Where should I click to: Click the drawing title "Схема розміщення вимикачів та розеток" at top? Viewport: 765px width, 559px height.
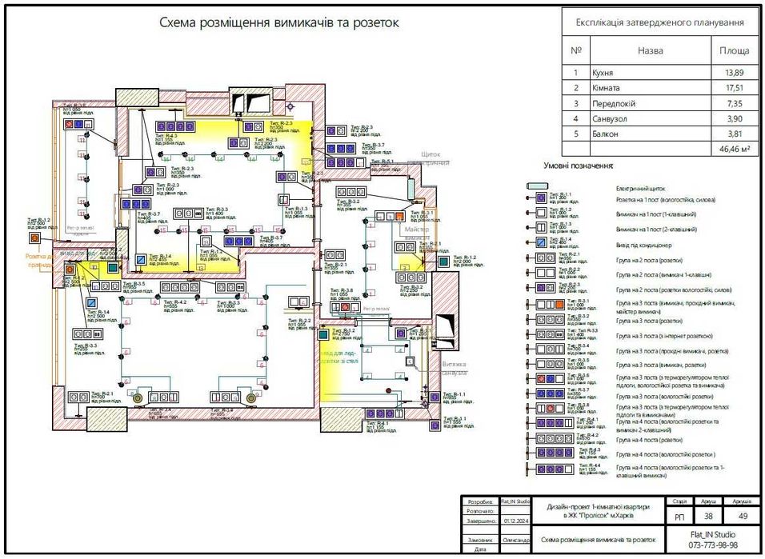pyautogui.click(x=278, y=23)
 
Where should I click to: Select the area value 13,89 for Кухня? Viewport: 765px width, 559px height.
pyautogui.click(x=735, y=73)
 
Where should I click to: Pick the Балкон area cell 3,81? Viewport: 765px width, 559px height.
pyautogui.click(x=735, y=134)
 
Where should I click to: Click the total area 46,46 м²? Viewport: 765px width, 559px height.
pyautogui.click(x=733, y=149)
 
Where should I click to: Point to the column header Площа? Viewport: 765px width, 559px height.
pyautogui.click(x=735, y=50)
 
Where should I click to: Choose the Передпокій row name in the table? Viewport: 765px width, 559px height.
pyautogui.click(x=615, y=103)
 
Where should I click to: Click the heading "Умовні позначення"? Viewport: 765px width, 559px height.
pyautogui.click(x=579, y=166)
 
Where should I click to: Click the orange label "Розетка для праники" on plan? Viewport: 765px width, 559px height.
pyautogui.click(x=40, y=261)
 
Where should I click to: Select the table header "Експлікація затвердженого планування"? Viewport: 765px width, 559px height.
pyautogui.click(x=660, y=23)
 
